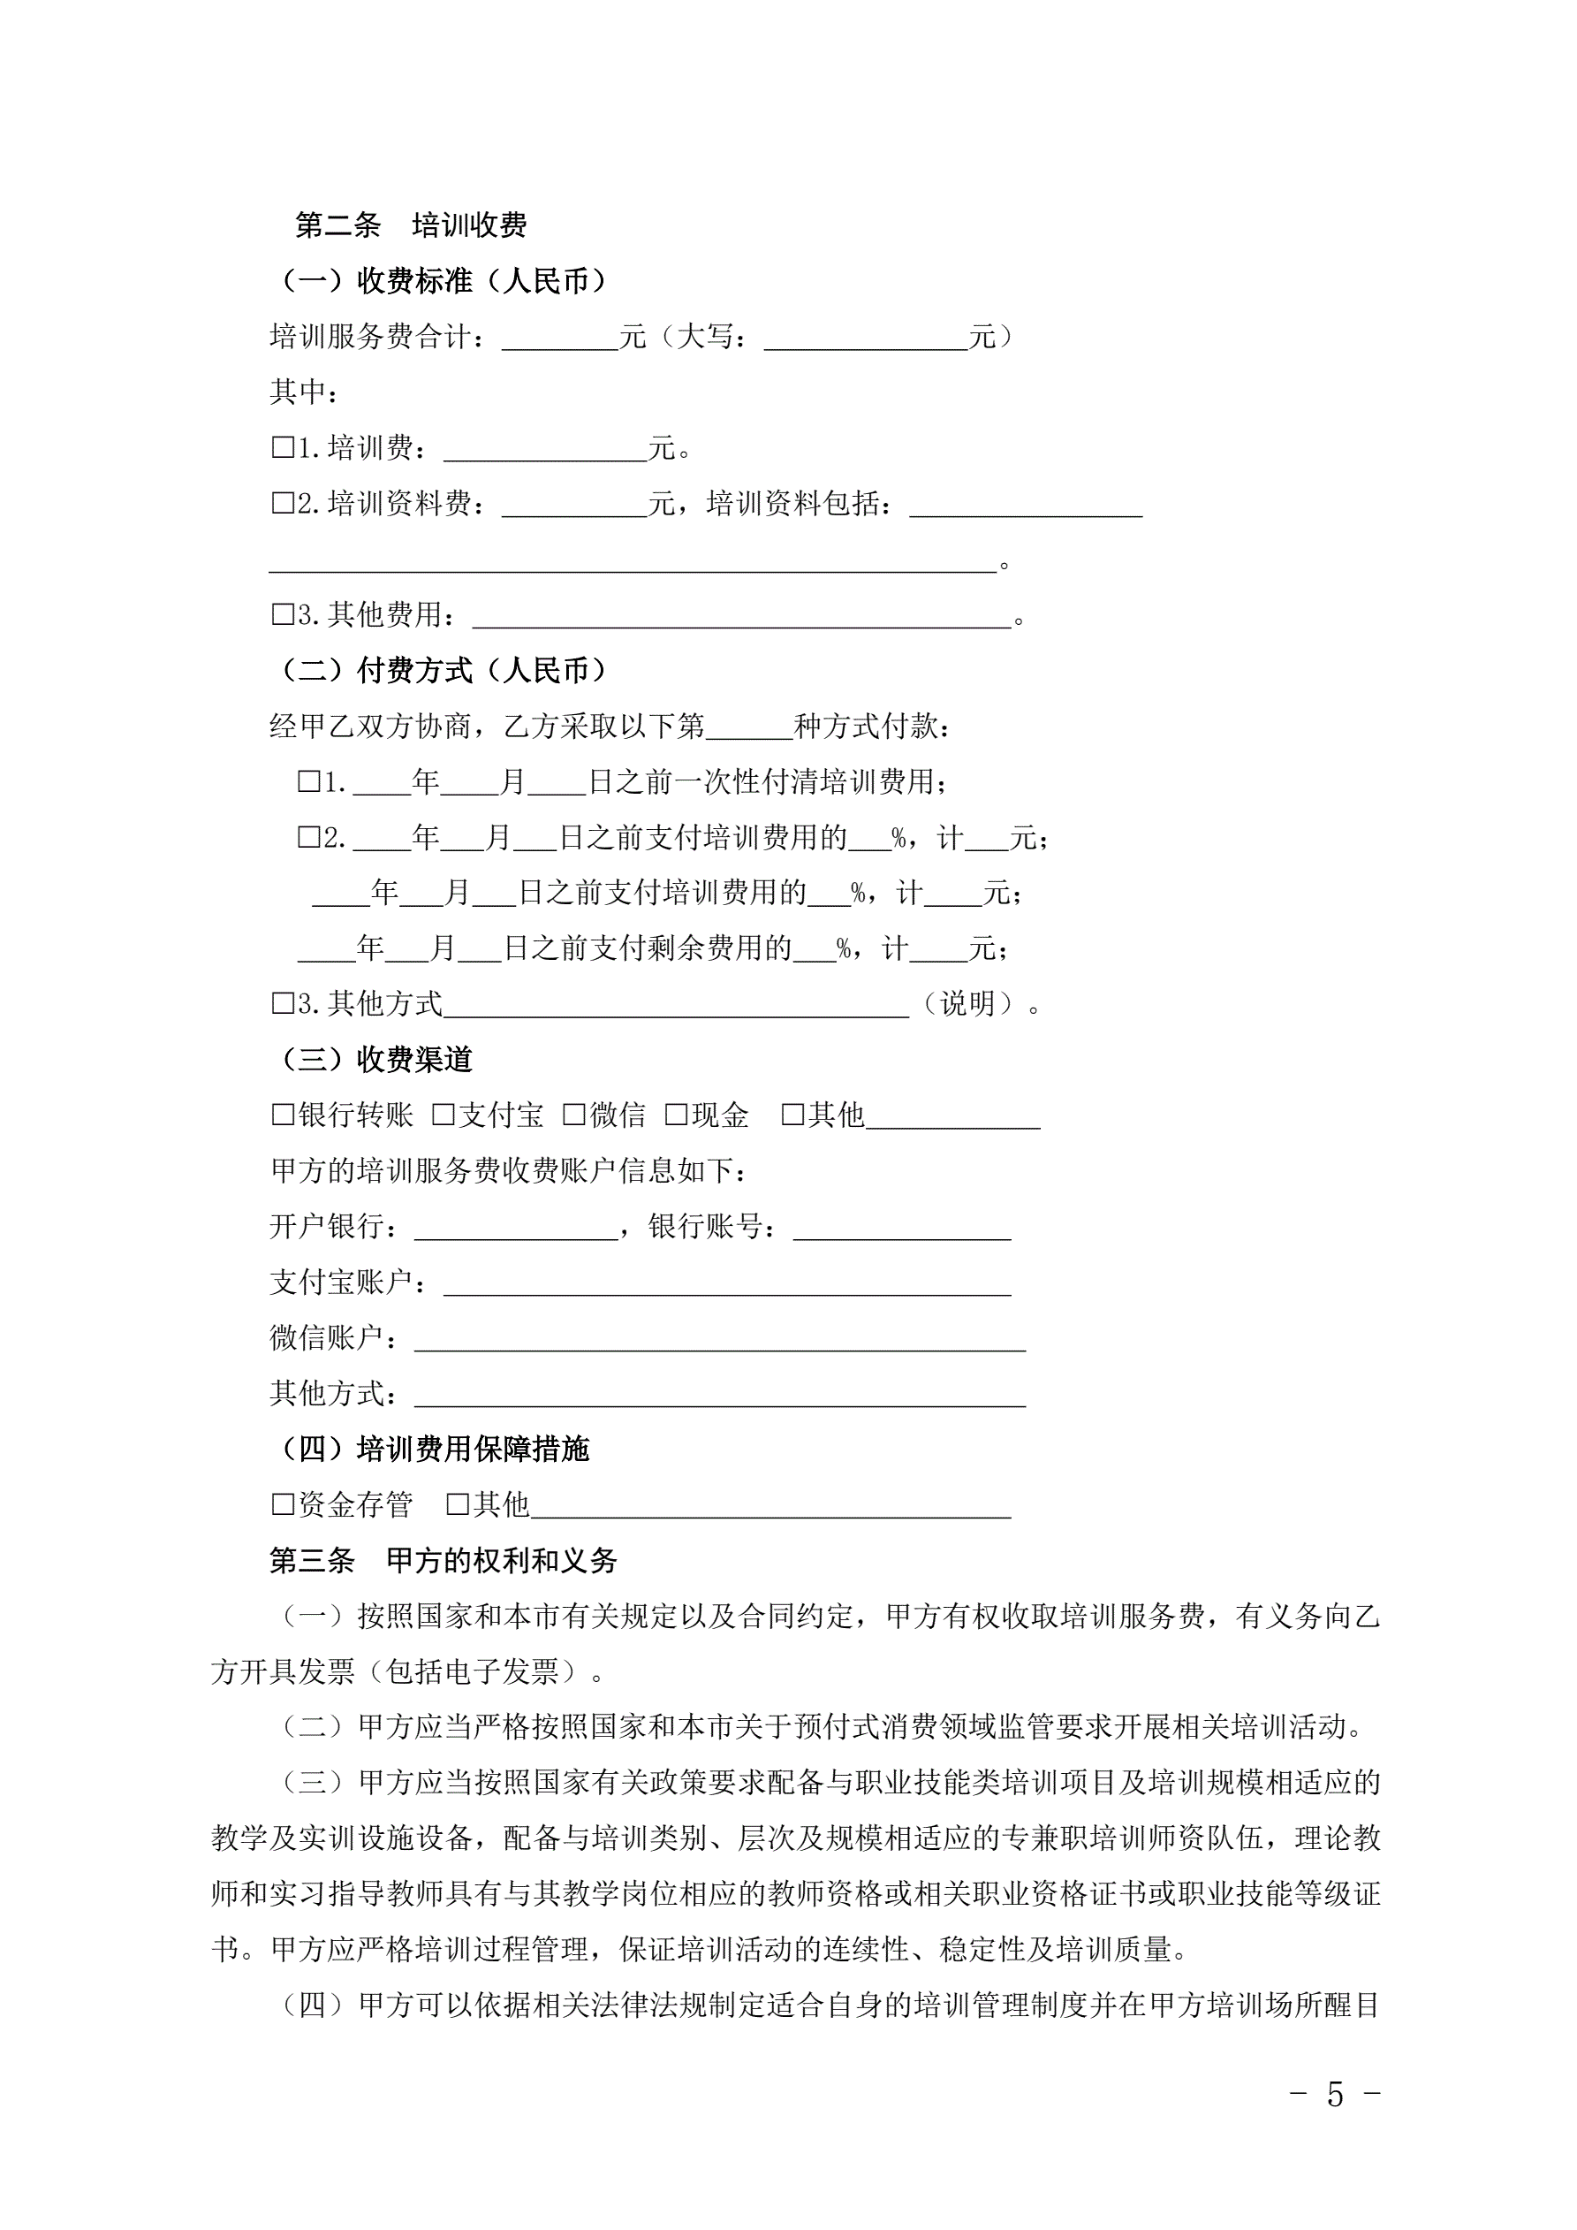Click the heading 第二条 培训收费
(x=411, y=225)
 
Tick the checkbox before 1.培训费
(x=283, y=448)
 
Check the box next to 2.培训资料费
(x=283, y=503)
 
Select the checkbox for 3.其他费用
(x=283, y=615)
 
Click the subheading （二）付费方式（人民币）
(x=443, y=670)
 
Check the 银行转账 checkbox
(x=283, y=1115)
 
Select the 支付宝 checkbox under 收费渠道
(x=443, y=1115)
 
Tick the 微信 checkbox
(x=575, y=1115)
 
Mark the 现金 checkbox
(x=676, y=1115)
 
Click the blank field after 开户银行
(x=516, y=1229)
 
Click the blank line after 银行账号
(x=901, y=1229)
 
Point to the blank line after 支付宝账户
(x=726, y=1284)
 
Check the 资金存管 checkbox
(x=283, y=1504)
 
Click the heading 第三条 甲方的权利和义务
(x=443, y=1561)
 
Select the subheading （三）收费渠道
(x=375, y=1060)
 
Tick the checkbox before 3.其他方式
(x=283, y=1004)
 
